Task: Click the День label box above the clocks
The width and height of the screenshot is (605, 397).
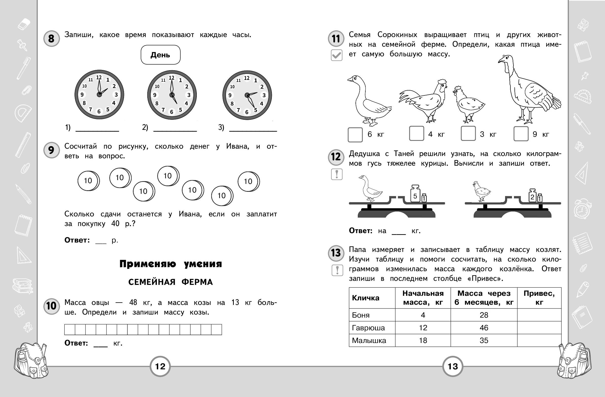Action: (161, 55)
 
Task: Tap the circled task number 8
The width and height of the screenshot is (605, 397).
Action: (51, 39)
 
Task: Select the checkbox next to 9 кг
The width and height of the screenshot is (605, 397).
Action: (521, 134)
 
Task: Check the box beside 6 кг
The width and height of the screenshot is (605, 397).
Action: (355, 134)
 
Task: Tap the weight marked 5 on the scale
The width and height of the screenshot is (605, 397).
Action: (415, 195)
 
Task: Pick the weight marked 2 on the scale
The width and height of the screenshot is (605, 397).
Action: (532, 196)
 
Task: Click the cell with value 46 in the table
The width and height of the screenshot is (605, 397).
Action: (484, 327)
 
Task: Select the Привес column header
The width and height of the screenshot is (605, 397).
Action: (539, 298)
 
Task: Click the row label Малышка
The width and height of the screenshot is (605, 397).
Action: (369, 340)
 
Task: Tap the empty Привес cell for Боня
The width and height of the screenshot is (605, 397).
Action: (539, 315)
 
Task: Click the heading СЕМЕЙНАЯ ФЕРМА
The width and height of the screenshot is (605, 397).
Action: (170, 282)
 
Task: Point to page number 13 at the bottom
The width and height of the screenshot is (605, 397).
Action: (452, 366)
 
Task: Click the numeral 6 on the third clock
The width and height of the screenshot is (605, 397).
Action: (246, 112)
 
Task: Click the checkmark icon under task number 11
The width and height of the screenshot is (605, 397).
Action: (336, 55)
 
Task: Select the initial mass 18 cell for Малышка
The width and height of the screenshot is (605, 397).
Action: (423, 340)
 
